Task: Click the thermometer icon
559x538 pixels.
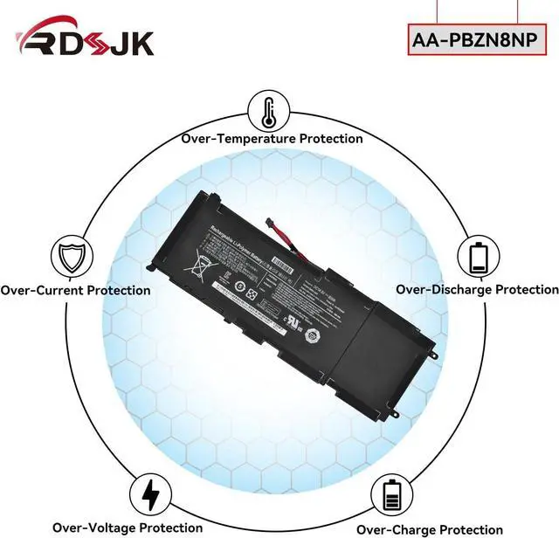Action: pos(270,112)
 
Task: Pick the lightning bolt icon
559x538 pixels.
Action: pos(150,493)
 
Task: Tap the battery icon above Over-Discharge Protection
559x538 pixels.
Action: pos(478,258)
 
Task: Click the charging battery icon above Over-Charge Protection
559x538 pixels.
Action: pos(392,494)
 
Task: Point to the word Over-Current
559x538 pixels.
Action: pos(40,290)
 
